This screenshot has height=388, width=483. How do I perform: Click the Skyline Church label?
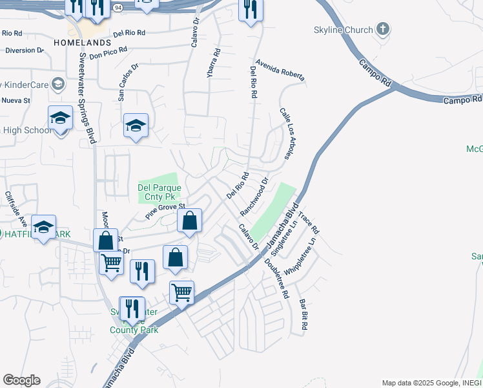343,30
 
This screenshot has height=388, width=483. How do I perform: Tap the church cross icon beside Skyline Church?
384,29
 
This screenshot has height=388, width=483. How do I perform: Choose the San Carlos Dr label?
127,82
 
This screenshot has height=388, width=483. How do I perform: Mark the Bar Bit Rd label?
302,314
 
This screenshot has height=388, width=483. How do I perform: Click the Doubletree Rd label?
276,279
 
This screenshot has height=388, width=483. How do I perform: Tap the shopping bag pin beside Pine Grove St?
190,221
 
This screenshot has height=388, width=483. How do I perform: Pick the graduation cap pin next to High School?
60,118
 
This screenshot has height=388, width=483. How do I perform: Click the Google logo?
21,380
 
